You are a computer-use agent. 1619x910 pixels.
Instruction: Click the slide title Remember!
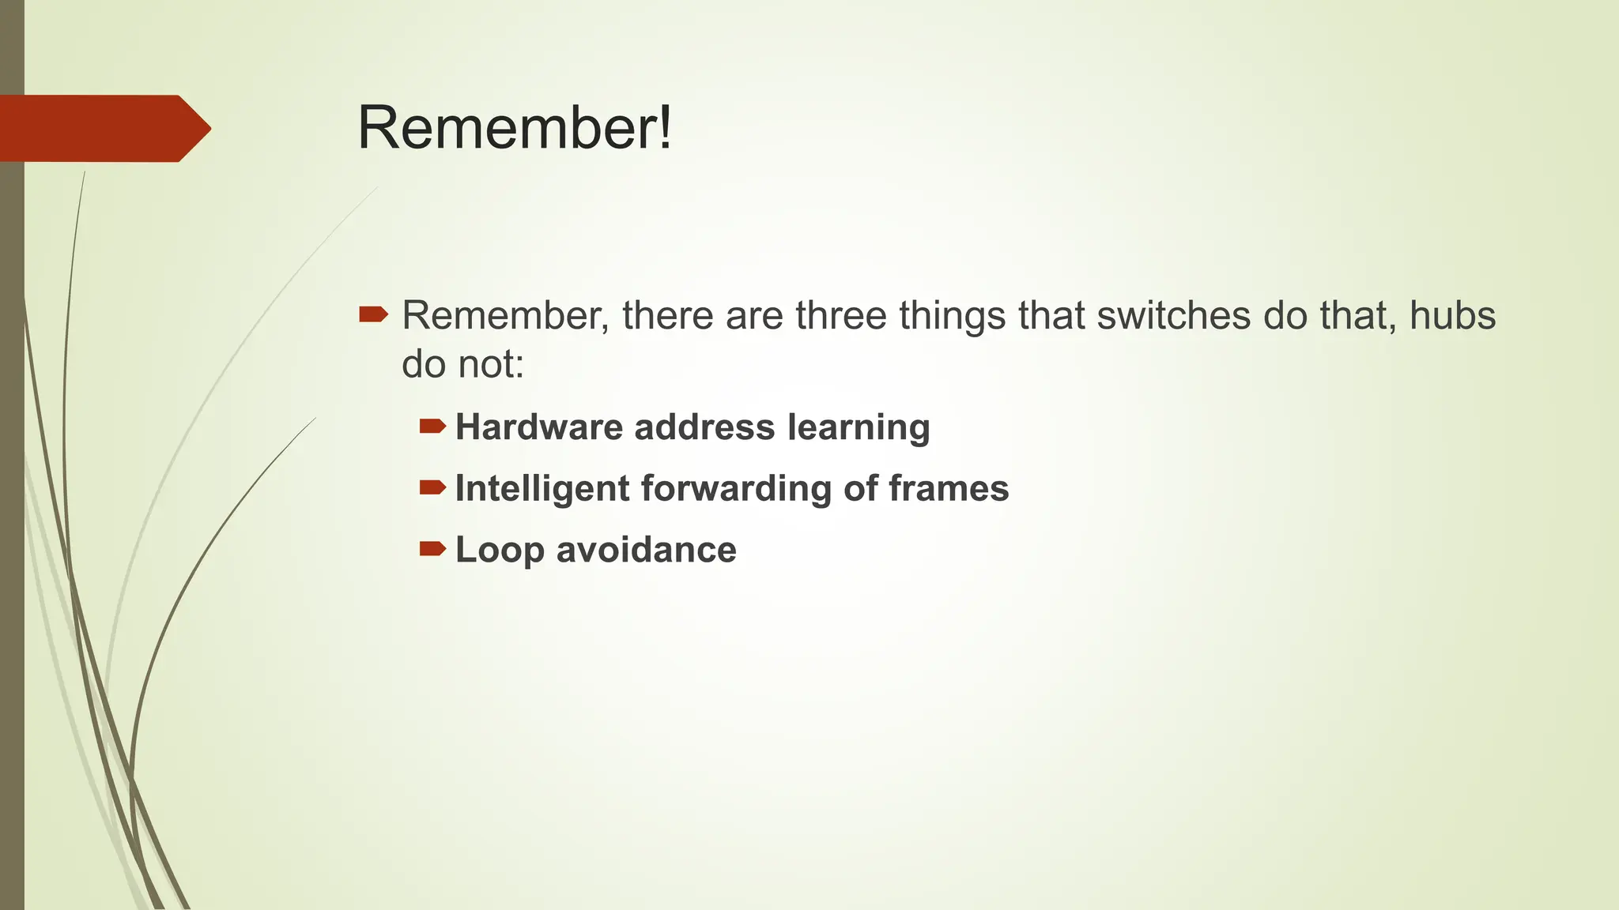tap(515, 128)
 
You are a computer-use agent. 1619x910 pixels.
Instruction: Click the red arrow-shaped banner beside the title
tap(103, 129)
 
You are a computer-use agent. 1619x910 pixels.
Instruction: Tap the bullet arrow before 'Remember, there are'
tap(373, 315)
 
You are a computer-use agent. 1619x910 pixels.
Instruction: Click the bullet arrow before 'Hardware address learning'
tap(432, 427)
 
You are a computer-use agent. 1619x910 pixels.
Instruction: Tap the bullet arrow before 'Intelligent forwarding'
tap(432, 488)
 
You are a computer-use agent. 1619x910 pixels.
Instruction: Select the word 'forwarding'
tap(736, 488)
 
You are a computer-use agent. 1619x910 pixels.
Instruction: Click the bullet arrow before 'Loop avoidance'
tap(432, 549)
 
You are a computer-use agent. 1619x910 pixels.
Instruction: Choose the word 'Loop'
tap(500, 550)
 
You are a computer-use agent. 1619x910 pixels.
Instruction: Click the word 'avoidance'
tap(646, 550)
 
